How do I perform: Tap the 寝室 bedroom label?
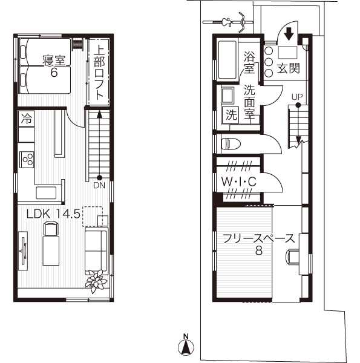(x=54, y=60)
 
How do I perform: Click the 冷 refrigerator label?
(x=26, y=119)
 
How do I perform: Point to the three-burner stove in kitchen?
(x=27, y=159)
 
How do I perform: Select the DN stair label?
(x=99, y=186)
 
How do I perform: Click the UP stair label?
(x=296, y=97)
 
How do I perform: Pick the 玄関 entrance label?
(x=289, y=68)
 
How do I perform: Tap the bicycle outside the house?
(x=229, y=21)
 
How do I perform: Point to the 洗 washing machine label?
(x=231, y=114)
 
